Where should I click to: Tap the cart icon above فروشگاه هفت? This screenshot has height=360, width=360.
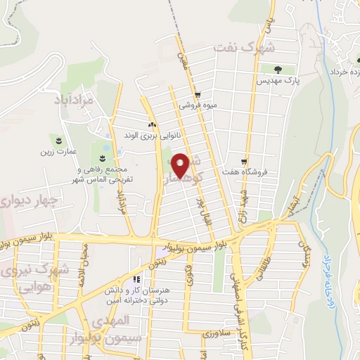[245, 161]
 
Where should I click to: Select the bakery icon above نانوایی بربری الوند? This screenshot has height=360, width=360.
[153, 124]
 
